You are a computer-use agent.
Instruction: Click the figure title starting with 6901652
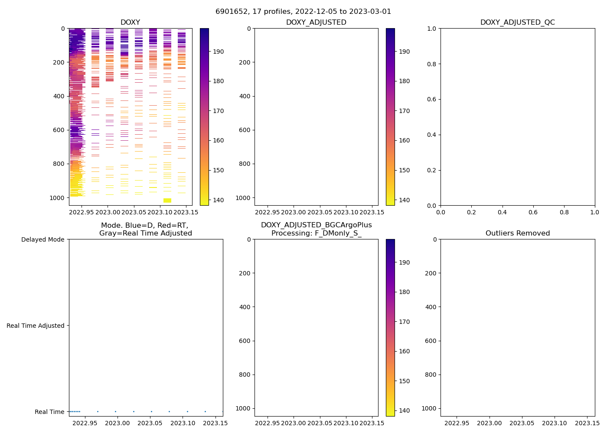tap(303, 12)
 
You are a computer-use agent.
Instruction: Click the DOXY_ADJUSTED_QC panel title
tap(517, 23)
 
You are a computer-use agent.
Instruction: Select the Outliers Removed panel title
tap(517, 233)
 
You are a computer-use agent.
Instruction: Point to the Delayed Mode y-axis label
tap(42, 239)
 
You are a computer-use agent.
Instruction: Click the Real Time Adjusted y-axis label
tap(35, 326)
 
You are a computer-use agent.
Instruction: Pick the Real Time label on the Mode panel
tap(49, 412)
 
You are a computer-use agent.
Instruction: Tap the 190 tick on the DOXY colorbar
tap(215, 52)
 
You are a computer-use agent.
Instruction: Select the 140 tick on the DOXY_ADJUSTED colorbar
tap(401, 200)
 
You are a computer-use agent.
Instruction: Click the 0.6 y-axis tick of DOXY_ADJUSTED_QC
tap(432, 99)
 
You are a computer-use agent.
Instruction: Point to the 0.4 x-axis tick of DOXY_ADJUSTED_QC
tap(502, 212)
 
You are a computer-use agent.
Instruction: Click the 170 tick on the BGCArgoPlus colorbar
tap(401, 322)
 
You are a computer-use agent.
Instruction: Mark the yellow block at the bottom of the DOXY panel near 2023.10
tap(167, 200)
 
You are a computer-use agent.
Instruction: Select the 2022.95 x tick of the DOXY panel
tap(82, 212)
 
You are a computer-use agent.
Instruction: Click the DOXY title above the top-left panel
tap(130, 23)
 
